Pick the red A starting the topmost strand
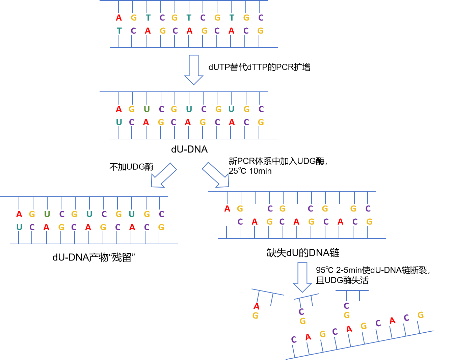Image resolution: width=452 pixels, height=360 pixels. (x=118, y=18)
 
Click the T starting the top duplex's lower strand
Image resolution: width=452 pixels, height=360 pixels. (x=119, y=31)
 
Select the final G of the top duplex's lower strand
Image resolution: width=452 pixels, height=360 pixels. (x=260, y=31)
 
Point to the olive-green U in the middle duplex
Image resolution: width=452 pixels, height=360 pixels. (x=147, y=109)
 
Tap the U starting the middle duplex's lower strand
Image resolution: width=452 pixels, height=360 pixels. (x=119, y=122)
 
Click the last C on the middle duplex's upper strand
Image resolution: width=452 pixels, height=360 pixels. (x=261, y=109)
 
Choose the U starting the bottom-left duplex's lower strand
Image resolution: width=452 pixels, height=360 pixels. (x=19, y=227)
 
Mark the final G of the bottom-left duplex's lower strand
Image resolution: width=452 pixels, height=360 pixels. (x=161, y=227)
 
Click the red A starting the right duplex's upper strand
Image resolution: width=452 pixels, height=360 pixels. (x=227, y=209)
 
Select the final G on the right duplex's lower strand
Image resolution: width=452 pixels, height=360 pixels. (x=369, y=222)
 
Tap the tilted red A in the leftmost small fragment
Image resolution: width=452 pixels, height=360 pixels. (x=257, y=306)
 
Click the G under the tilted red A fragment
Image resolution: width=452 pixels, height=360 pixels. (x=255, y=316)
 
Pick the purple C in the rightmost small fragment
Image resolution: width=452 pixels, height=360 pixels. (x=346, y=306)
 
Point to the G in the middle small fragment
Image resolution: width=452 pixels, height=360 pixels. (x=302, y=321)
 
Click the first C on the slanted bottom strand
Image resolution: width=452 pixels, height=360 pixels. (x=294, y=340)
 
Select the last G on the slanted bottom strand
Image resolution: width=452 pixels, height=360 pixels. (x=421, y=315)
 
